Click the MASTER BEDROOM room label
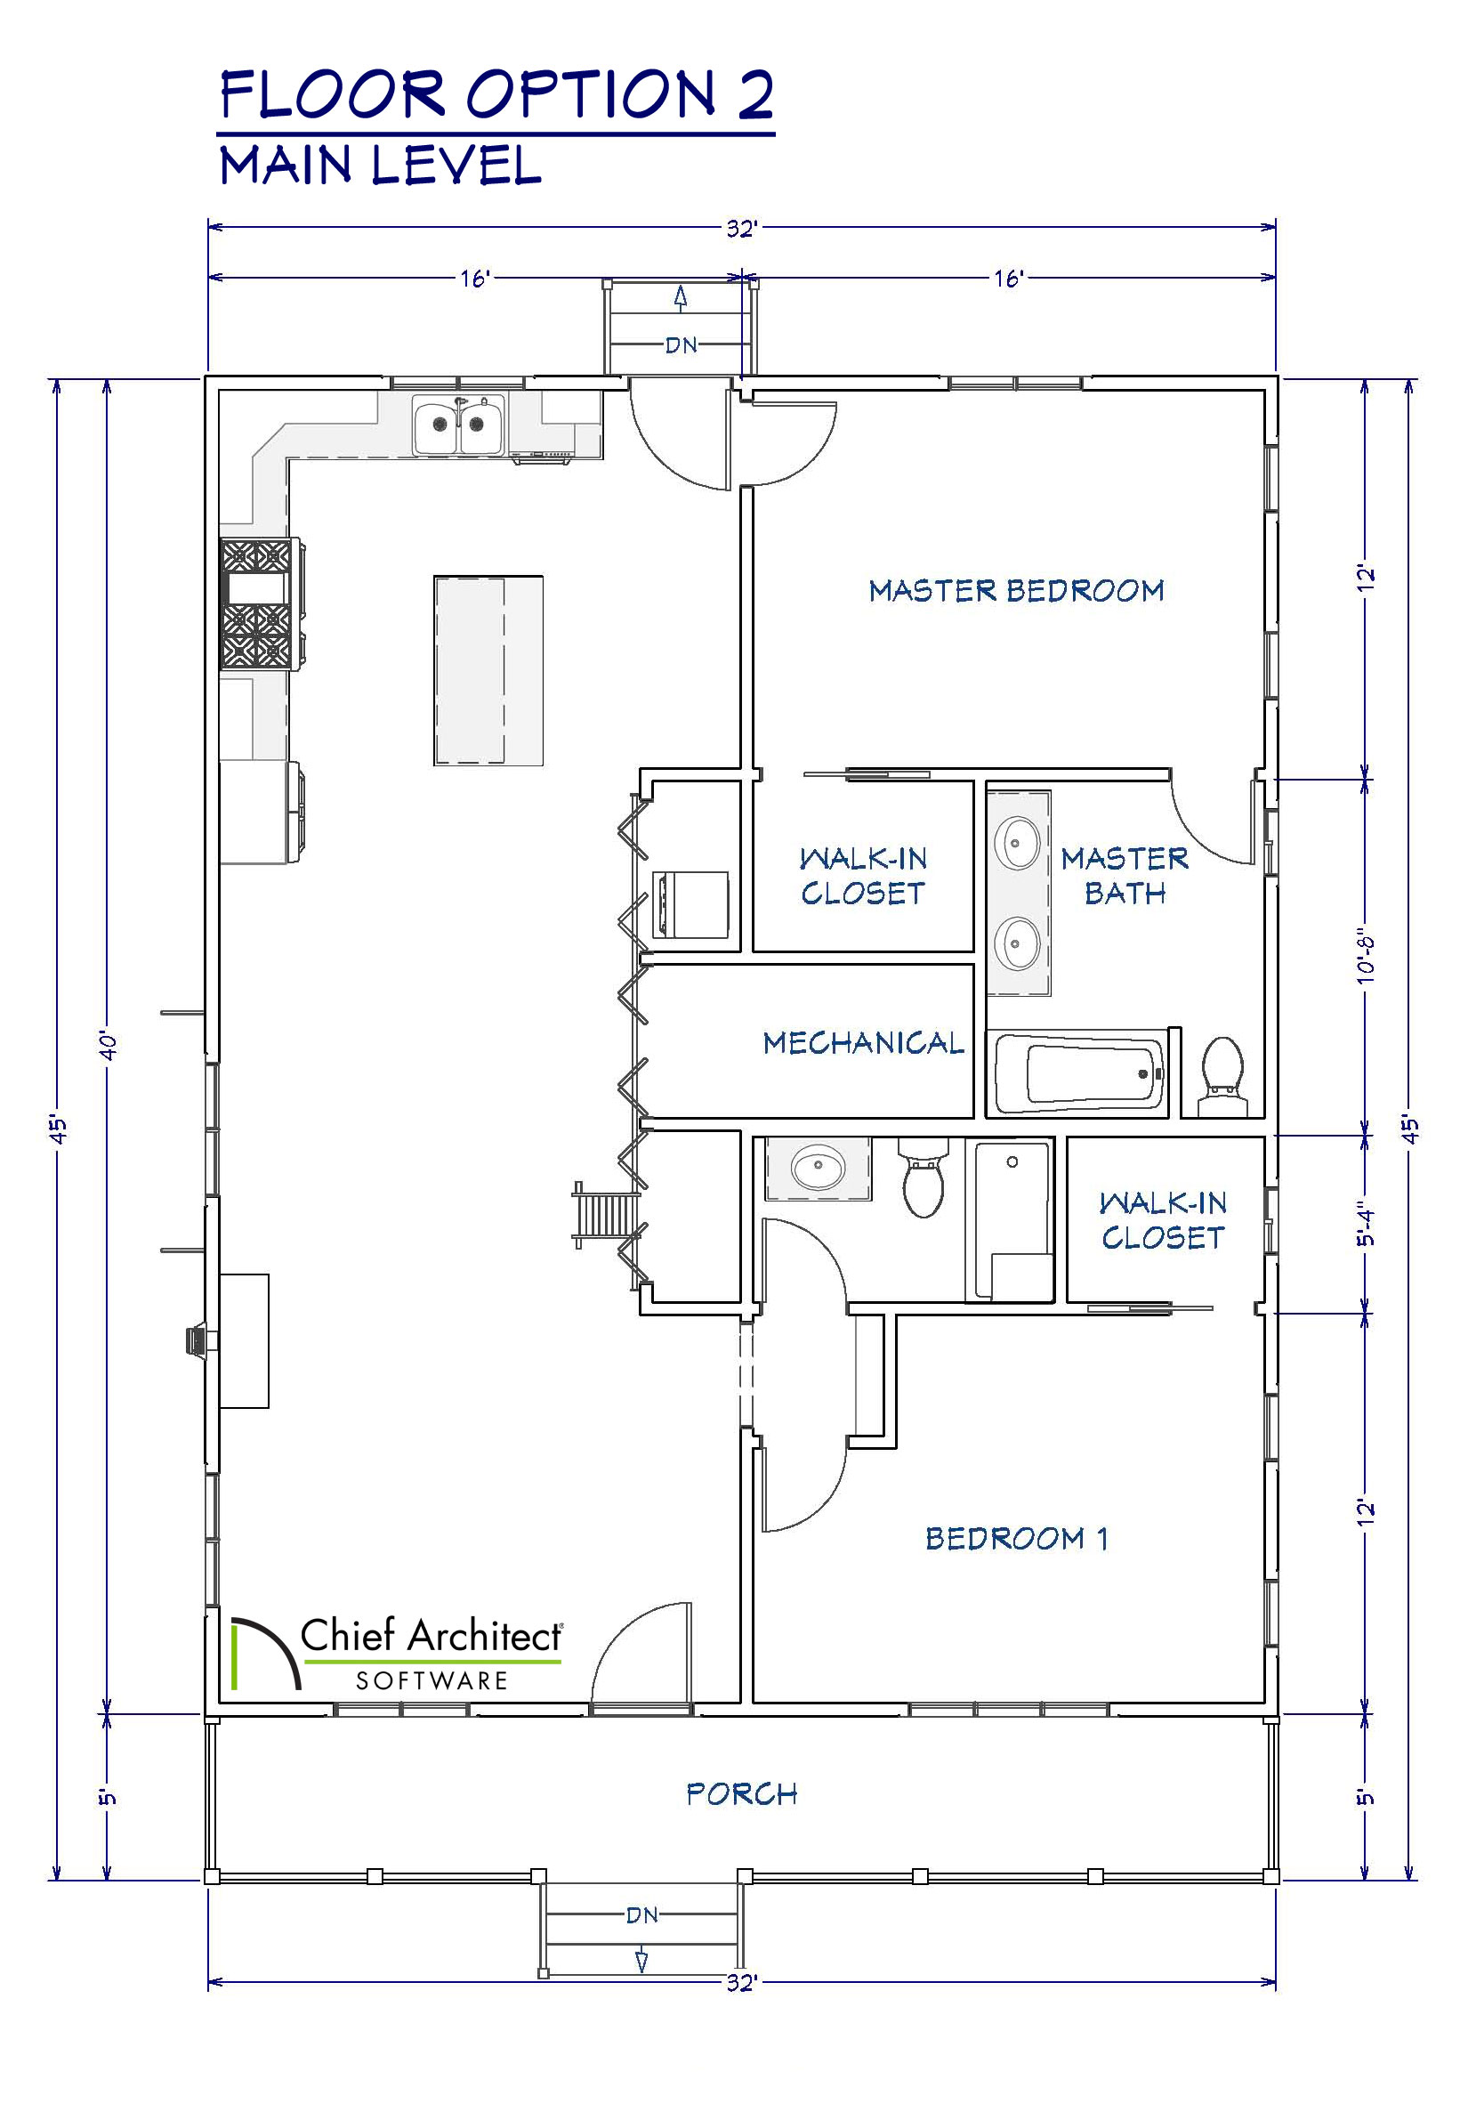click(x=1016, y=591)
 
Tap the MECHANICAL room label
click(x=864, y=1042)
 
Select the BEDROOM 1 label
click(x=1016, y=1538)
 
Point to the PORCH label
click(x=741, y=1793)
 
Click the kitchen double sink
click(x=459, y=425)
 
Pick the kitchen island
click(x=488, y=670)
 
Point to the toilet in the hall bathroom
click(x=924, y=1178)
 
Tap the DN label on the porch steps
click(x=642, y=1914)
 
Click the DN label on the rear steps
click(x=682, y=345)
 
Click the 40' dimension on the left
click(x=108, y=1046)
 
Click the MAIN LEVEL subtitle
click(x=381, y=166)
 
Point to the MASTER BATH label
click(x=1125, y=876)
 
